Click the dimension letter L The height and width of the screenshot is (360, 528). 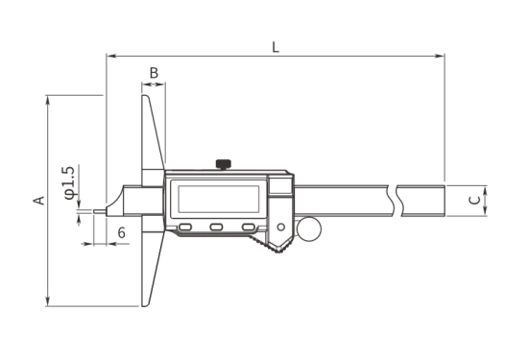pos(276,47)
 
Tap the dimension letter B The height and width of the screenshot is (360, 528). pos(154,73)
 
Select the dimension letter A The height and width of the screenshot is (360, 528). pos(39,201)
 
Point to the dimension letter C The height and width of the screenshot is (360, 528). pos(475,200)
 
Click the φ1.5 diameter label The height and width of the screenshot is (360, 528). pos(69,182)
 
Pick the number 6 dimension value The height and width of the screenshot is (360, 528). pos(122,232)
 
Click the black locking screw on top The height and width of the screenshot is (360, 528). pos(224,164)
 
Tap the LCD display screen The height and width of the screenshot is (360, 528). pos(219,199)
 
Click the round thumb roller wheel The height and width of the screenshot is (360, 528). pos(309,229)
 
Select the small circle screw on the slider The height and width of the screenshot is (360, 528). pos(281,228)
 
